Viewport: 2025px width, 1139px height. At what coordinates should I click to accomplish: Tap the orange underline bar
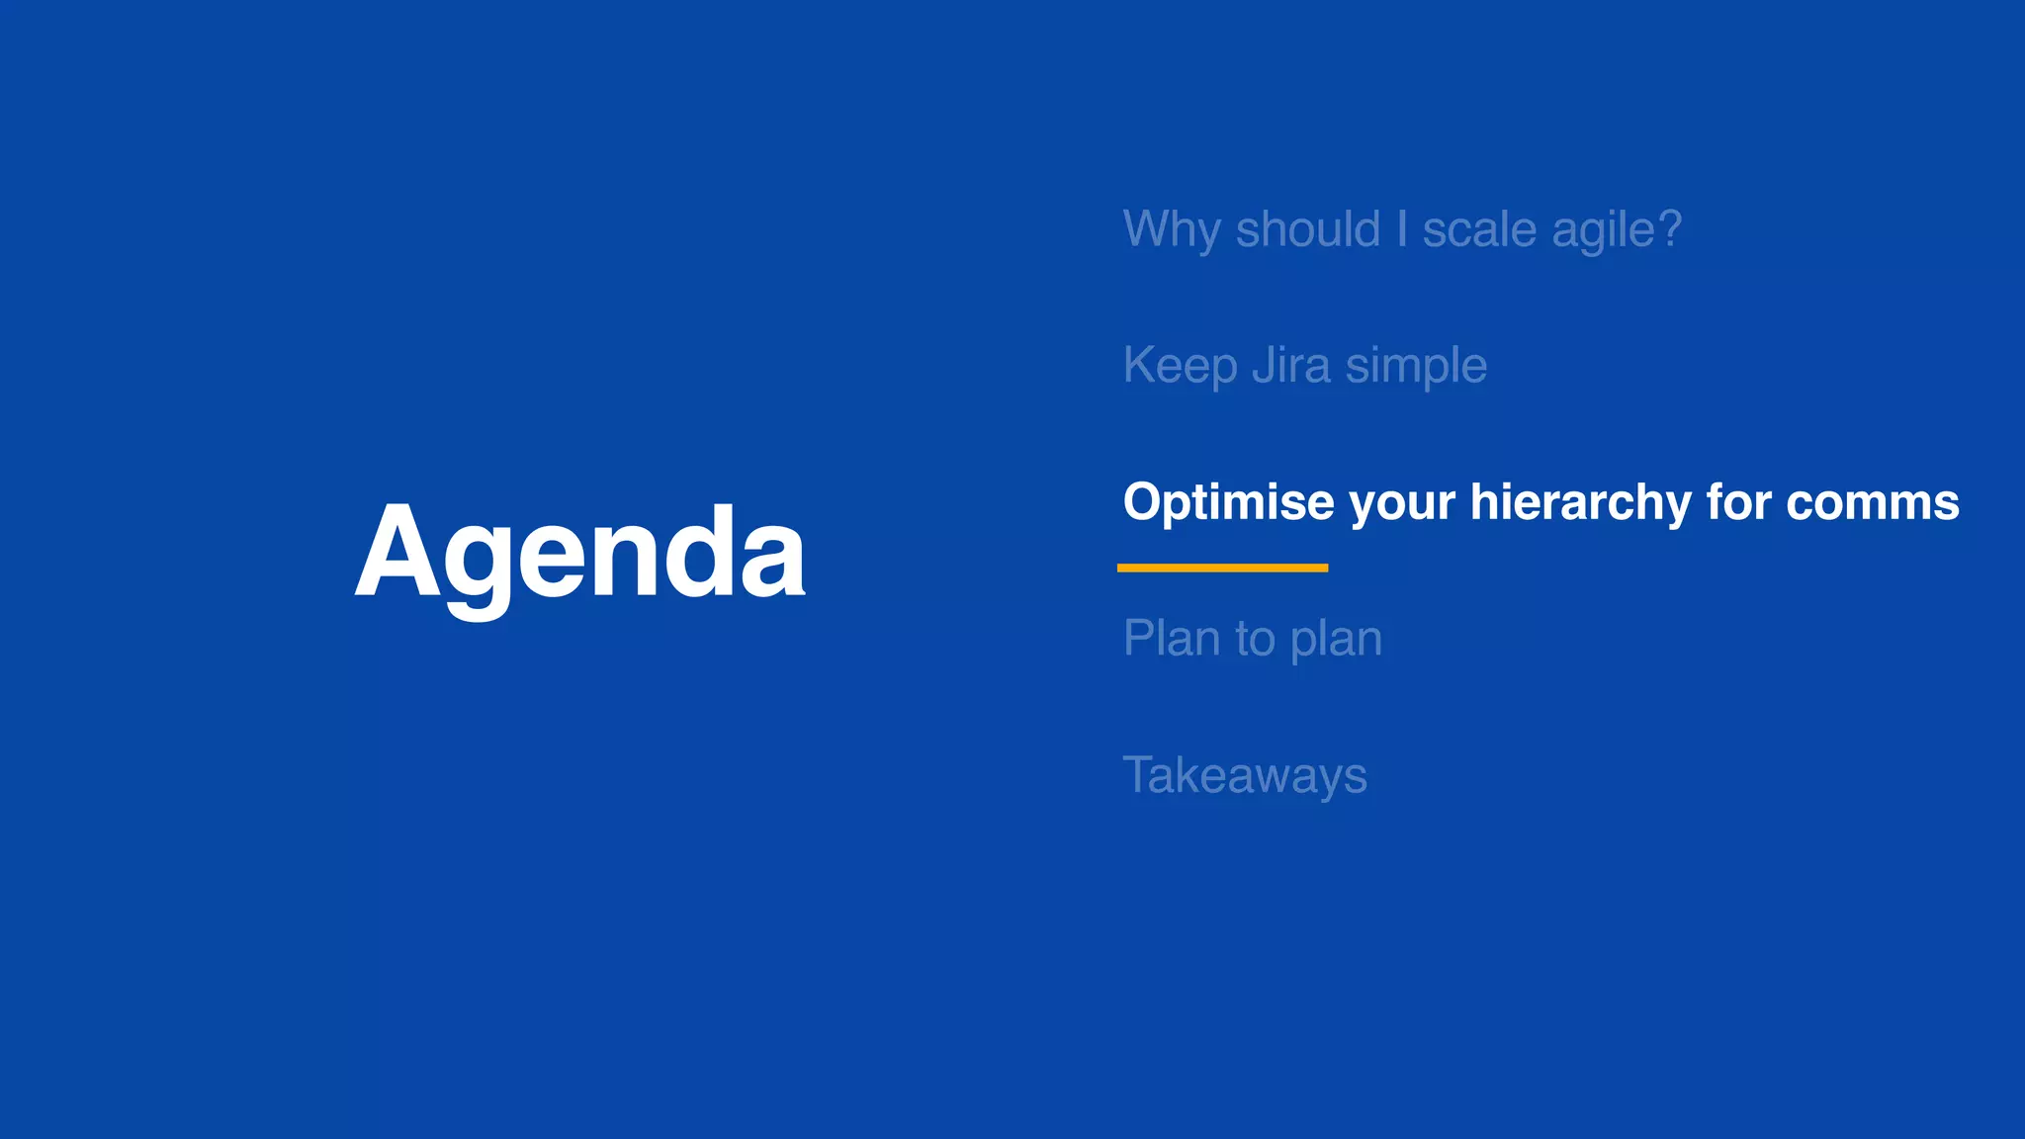point(1222,568)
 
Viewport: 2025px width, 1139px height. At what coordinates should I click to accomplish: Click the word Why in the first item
point(1171,229)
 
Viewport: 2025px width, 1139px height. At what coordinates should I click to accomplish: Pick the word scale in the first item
point(1479,229)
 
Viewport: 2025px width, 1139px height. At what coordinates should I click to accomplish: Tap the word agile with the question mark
point(1603,229)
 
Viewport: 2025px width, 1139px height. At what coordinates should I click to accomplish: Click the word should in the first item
point(1307,229)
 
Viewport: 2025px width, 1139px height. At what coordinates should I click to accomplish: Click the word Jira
point(1290,366)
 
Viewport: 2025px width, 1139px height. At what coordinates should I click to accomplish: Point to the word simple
point(1415,366)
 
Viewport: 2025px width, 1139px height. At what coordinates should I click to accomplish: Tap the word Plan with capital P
point(1171,639)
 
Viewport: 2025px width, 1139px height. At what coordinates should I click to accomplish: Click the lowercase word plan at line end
point(1336,639)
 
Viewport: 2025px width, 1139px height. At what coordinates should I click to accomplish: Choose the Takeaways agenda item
point(1245,775)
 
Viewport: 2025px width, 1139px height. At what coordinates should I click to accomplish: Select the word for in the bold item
point(1738,502)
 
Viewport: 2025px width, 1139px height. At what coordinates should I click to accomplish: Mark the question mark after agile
point(1670,229)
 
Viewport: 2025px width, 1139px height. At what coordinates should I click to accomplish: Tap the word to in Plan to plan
point(1255,639)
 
